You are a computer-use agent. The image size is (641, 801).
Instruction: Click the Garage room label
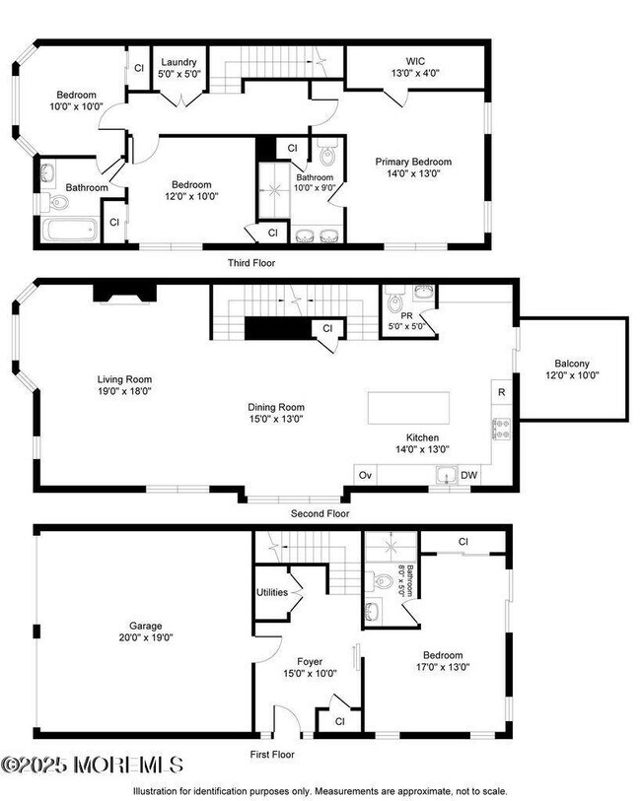click(145, 631)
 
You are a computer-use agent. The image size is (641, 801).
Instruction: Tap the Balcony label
click(571, 367)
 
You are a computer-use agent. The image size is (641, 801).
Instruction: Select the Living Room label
click(124, 384)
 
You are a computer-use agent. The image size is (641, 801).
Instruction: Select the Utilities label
click(272, 592)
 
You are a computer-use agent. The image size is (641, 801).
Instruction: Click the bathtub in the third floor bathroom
click(69, 233)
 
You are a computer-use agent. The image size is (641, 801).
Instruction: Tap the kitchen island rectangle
click(407, 407)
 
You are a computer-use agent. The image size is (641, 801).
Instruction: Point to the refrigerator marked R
click(501, 392)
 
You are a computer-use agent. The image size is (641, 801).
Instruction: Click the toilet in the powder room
click(395, 300)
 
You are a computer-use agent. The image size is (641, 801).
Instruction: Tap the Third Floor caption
click(251, 263)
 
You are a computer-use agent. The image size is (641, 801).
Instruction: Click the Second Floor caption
click(320, 513)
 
